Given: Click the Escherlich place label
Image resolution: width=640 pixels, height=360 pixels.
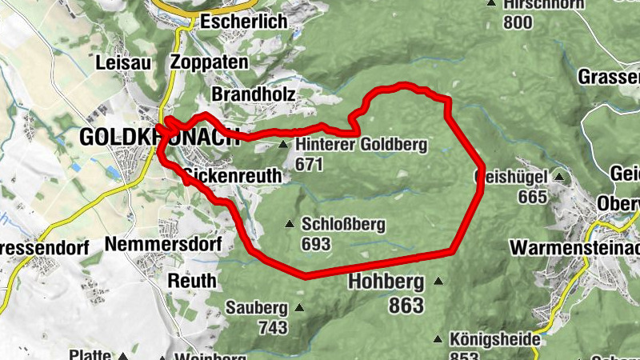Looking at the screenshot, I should (x=243, y=22).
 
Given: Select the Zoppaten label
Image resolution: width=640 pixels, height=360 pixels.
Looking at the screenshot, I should (x=210, y=62).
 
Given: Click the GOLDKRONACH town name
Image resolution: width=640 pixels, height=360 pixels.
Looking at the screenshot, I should (x=159, y=137).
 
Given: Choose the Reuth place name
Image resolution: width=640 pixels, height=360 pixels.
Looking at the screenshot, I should (x=193, y=281).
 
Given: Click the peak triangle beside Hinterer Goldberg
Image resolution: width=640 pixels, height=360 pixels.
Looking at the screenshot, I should (x=283, y=145).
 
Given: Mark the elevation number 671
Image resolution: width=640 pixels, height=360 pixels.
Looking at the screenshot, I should (x=308, y=164).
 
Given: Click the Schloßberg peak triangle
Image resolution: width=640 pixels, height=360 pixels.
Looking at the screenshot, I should (x=289, y=224).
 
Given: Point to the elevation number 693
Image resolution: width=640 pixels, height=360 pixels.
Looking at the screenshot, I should (x=316, y=244).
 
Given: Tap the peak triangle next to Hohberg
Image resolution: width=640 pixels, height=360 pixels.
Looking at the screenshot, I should (x=438, y=282).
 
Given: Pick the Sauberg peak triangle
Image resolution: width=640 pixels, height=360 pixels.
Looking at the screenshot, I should (x=299, y=307).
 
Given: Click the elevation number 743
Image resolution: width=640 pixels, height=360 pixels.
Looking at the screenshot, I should (x=272, y=326).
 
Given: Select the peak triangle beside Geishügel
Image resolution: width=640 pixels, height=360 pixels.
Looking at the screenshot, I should (x=559, y=177).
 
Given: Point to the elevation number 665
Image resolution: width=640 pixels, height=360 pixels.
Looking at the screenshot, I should (x=532, y=196).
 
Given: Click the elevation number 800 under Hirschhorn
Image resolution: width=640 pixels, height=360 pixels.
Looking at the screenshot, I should (x=518, y=22).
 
